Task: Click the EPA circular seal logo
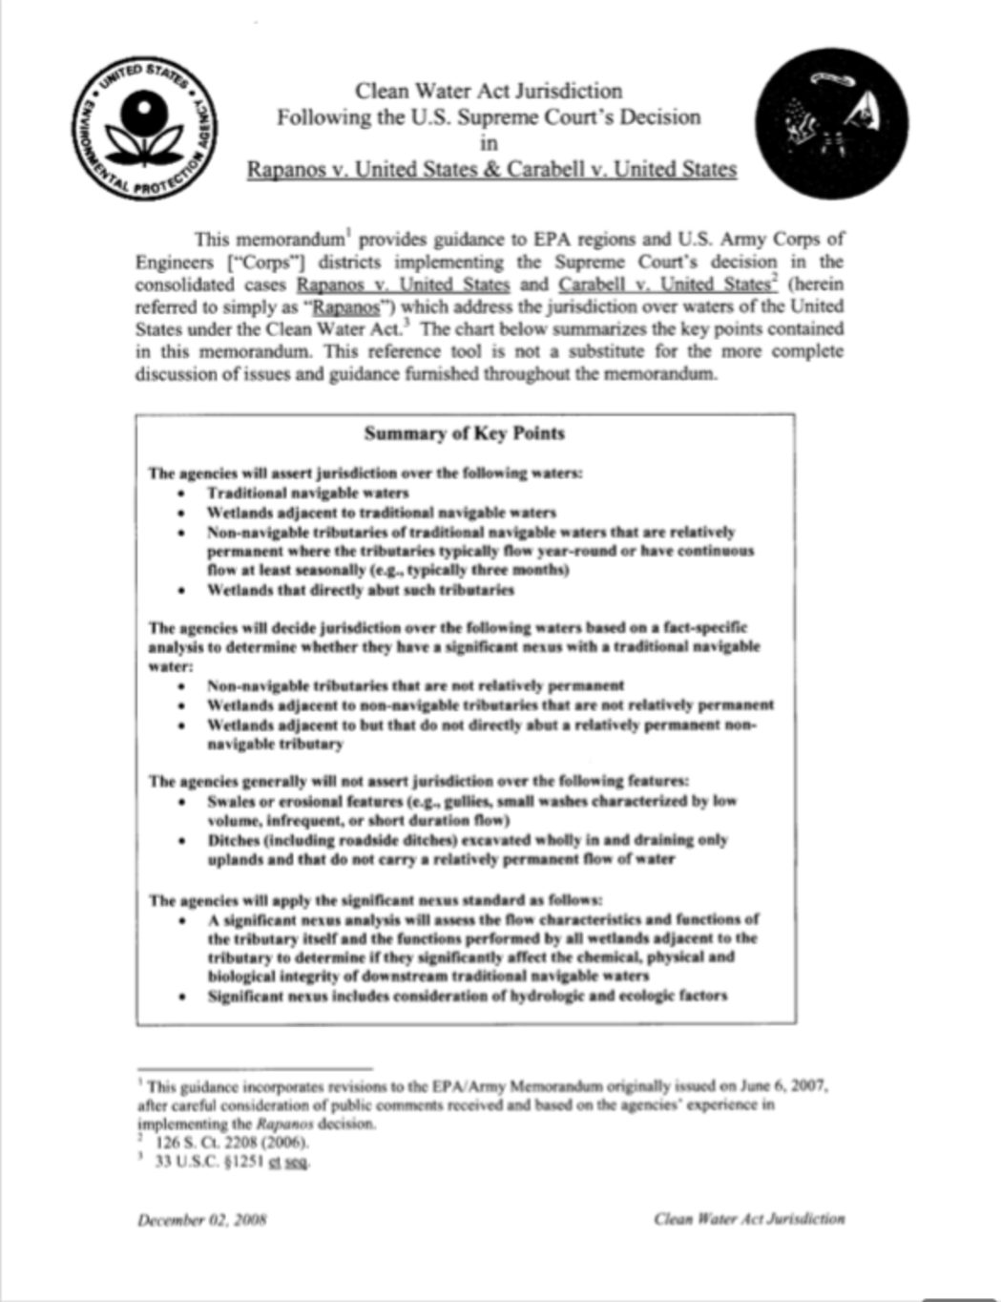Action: (145, 128)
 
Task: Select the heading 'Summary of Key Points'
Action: (465, 434)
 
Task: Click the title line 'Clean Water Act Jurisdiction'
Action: (489, 92)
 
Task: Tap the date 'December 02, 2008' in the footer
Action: (201, 1218)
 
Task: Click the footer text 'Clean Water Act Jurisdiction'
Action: (749, 1218)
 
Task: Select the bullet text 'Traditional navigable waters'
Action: (308, 493)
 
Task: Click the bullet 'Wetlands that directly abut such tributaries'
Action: (361, 590)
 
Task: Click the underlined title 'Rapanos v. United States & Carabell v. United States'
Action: (491, 170)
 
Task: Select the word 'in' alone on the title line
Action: (489, 144)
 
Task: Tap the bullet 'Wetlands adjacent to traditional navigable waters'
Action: (382, 513)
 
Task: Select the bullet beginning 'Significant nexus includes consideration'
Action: (468, 997)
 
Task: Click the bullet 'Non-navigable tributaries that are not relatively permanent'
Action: (416, 685)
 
